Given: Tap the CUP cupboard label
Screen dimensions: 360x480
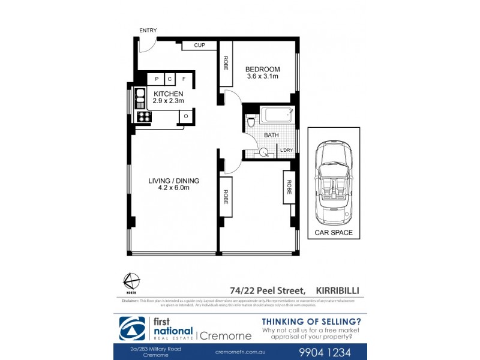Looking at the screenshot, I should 200,46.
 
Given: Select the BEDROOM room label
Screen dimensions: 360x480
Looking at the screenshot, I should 262,70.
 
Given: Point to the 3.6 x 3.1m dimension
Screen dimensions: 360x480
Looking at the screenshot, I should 262,77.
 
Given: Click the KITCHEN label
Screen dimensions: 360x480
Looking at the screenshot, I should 168,94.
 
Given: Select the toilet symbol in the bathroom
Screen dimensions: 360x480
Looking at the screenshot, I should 252,122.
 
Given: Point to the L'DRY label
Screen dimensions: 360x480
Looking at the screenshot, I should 287,151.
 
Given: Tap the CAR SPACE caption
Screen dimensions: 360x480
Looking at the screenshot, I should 333,232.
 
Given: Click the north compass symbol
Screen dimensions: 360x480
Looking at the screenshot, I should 131,281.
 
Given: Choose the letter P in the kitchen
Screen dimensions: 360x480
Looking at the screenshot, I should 157,79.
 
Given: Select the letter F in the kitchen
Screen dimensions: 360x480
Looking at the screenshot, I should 184,79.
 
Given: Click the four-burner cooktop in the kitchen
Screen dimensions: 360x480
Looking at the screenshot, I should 143,116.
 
